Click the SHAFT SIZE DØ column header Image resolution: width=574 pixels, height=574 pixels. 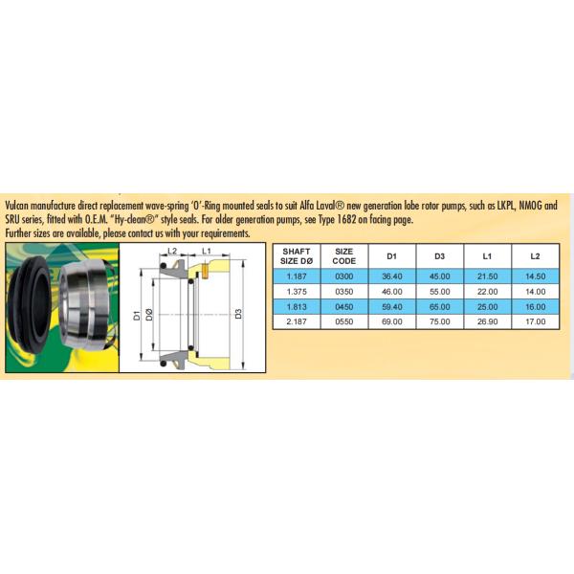(x=297, y=256)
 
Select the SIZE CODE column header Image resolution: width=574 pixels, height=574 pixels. (x=344, y=256)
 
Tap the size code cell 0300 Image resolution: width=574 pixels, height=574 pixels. (x=344, y=276)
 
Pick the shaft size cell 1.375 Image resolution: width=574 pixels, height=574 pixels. (x=297, y=292)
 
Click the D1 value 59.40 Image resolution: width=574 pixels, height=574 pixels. (x=392, y=307)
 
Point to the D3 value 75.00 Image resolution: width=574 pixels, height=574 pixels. (x=440, y=321)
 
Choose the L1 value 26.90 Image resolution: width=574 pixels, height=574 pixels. (x=488, y=321)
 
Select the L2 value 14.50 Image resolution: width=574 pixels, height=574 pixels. (x=536, y=276)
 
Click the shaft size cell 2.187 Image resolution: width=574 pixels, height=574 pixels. (x=297, y=321)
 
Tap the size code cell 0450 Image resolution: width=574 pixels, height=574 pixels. (x=344, y=307)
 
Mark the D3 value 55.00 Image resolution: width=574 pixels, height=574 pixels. (x=440, y=292)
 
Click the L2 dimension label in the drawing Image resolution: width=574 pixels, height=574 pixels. (x=172, y=251)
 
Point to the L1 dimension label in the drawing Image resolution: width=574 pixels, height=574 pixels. (x=207, y=251)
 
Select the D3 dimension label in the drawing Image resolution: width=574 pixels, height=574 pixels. (x=238, y=314)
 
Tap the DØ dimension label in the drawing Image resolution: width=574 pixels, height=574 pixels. (x=149, y=315)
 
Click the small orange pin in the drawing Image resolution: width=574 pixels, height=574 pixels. (x=205, y=272)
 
